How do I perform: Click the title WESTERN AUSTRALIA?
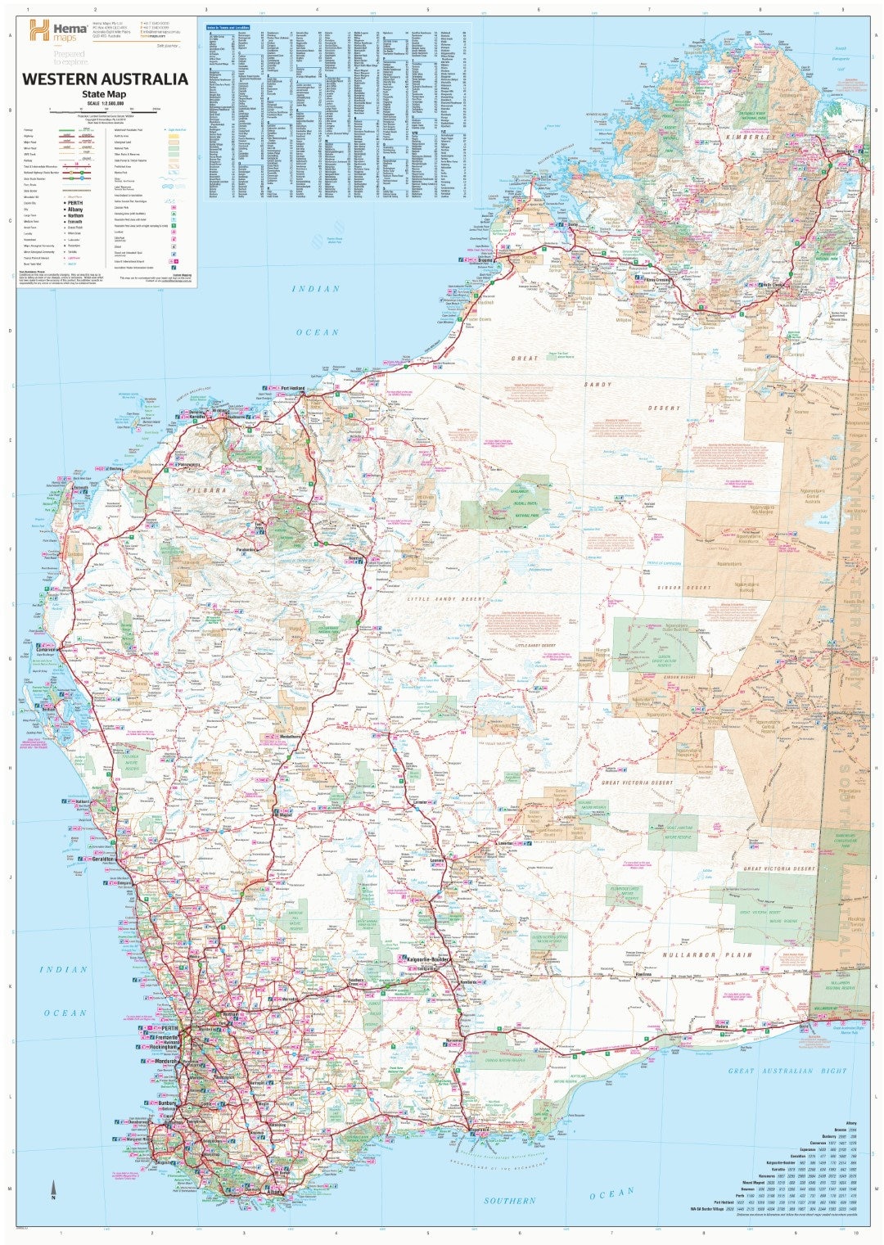click(x=105, y=79)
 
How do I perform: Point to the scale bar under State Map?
click(x=103, y=110)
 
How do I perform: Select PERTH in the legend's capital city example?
click(x=75, y=202)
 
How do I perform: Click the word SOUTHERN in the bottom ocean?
click(x=509, y=1200)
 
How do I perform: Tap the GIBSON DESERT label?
click(x=686, y=588)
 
